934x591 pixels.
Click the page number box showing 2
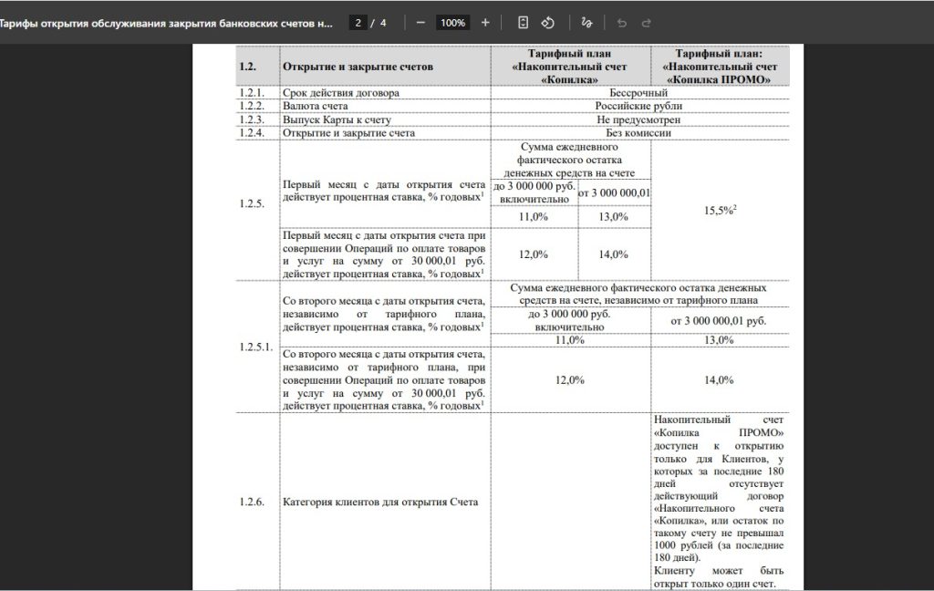click(359, 23)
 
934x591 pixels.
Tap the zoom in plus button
click(485, 23)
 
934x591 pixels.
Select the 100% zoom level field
click(452, 23)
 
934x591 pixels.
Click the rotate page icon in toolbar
click(548, 23)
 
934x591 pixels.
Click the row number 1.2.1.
click(252, 93)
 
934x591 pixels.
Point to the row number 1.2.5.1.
click(256, 347)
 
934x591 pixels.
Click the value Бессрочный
click(638, 93)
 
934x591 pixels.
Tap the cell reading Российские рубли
click(638, 106)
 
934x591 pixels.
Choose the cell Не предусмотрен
click(638, 119)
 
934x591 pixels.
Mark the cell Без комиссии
click(638, 133)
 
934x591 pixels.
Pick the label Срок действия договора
click(342, 93)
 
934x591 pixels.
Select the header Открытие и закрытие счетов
click(358, 67)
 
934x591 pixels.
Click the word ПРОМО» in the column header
click(742, 80)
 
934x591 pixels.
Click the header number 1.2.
click(248, 67)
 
